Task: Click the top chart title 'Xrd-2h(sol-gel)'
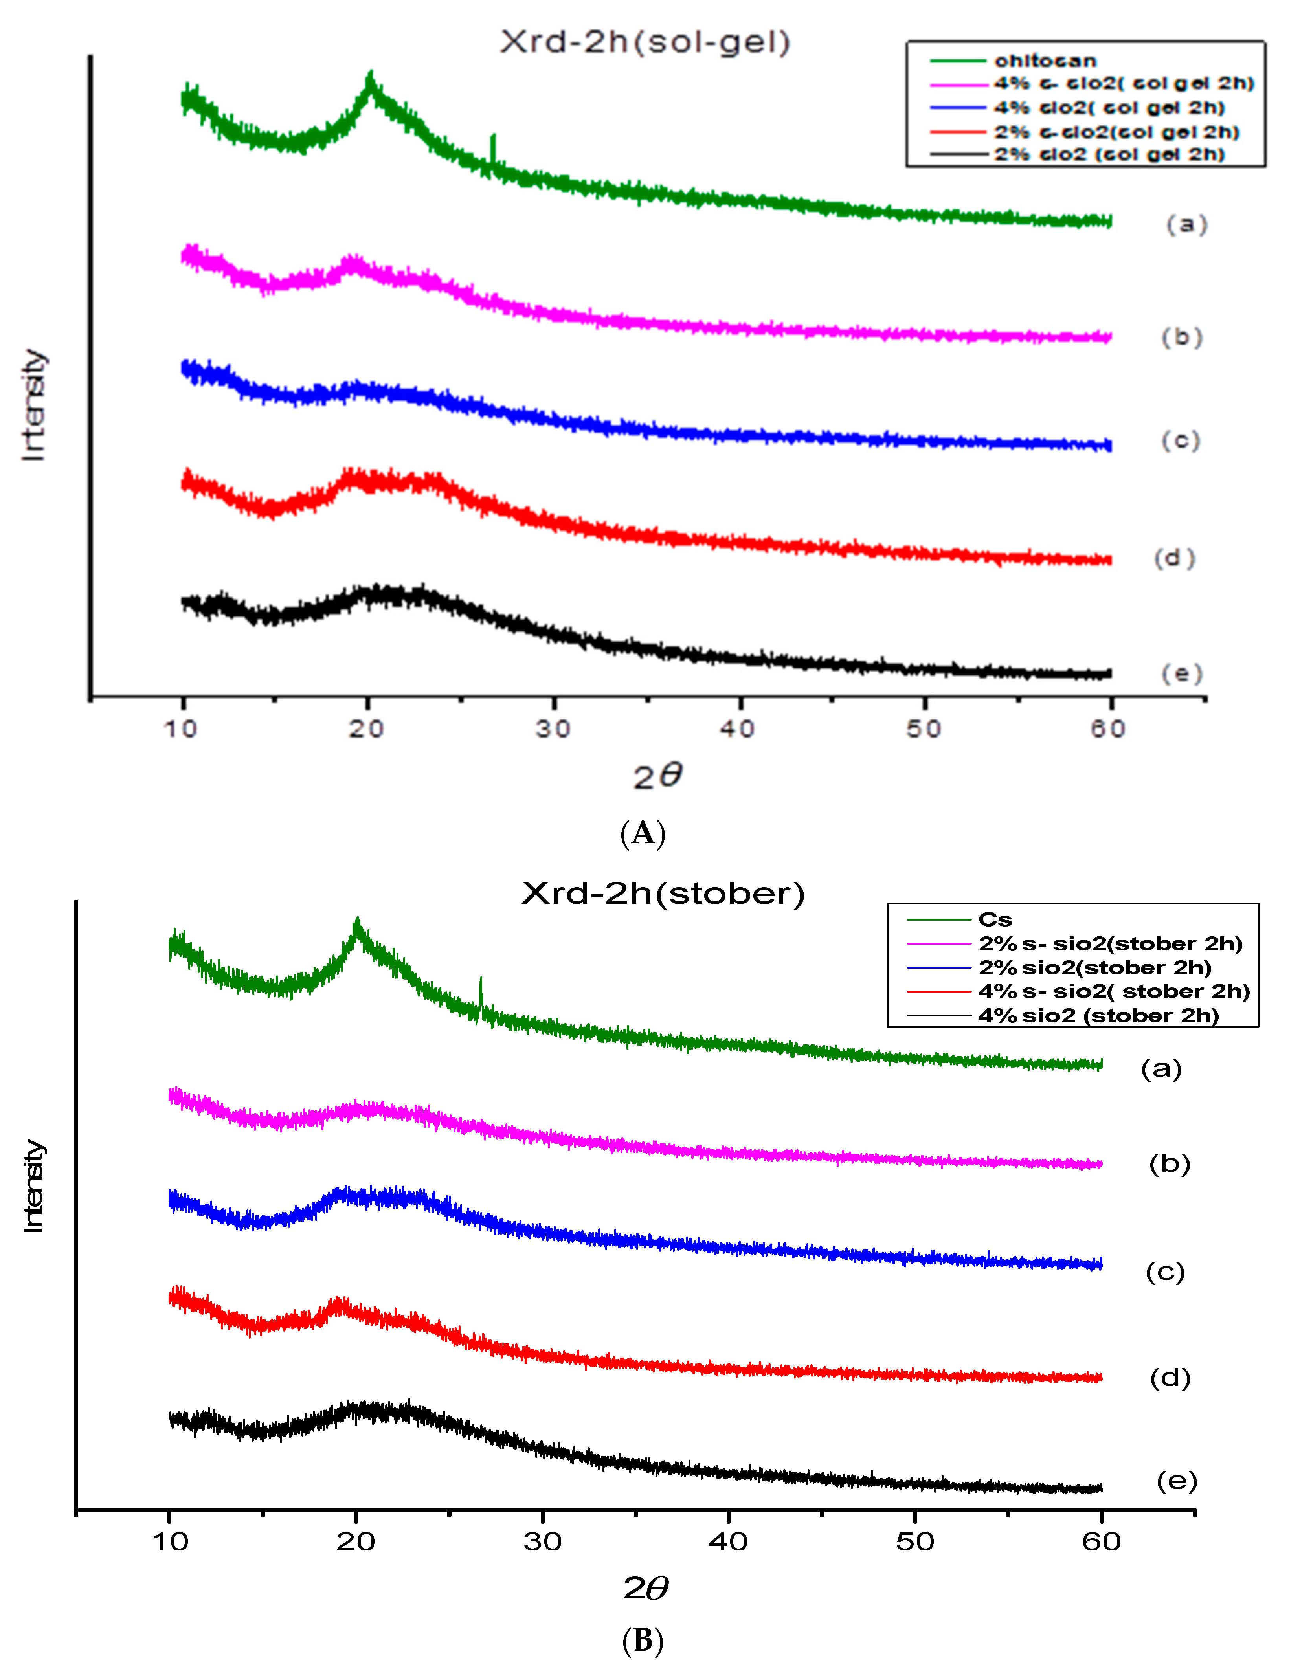click(644, 42)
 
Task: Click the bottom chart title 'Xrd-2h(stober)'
click(663, 894)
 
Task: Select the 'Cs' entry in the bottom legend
click(995, 920)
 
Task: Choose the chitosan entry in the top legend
click(1045, 61)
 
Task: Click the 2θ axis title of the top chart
click(657, 776)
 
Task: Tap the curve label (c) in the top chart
click(1180, 440)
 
